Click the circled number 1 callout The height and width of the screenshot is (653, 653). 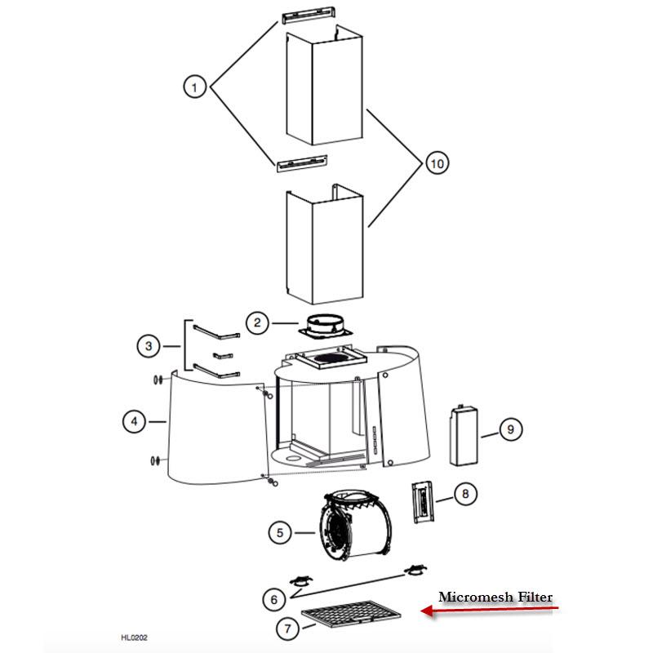(x=194, y=86)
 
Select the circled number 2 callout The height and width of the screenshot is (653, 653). (x=257, y=323)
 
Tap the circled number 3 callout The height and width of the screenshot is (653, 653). (x=149, y=347)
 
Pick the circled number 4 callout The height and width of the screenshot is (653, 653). (x=135, y=421)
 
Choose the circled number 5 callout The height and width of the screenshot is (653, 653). (x=281, y=532)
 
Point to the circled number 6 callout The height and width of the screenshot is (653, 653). (x=274, y=599)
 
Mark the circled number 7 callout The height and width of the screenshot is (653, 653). (x=287, y=629)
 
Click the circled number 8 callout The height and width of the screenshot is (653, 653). (x=464, y=494)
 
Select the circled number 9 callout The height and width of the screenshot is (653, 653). (x=509, y=429)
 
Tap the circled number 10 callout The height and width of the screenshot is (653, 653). (x=437, y=164)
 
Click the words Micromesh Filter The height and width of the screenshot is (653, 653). (x=495, y=597)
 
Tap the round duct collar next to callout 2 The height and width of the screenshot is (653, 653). (x=325, y=325)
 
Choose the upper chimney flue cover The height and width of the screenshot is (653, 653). (x=323, y=88)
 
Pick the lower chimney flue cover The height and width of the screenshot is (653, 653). (x=323, y=245)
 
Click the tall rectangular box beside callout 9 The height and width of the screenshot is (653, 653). (x=463, y=435)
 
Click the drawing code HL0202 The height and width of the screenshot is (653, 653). (x=134, y=637)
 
